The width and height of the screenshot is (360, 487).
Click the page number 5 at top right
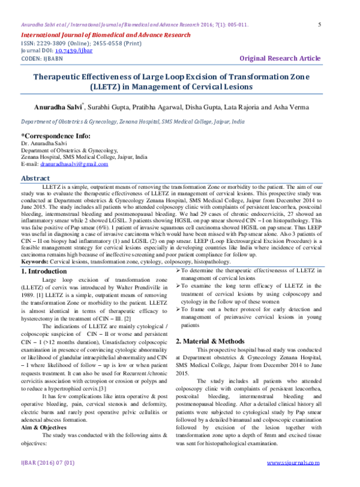[x=319, y=25]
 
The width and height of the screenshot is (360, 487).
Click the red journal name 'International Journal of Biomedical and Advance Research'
[x=106, y=35]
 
